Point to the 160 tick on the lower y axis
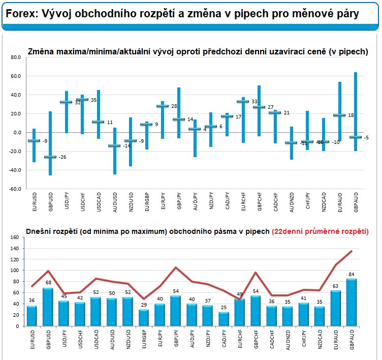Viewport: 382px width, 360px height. tap(14, 237)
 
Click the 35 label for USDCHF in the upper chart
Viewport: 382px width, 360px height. tap(93, 100)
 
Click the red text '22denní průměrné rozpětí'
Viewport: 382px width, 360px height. tap(320, 231)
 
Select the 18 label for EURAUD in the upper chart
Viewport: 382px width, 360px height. tap(351, 115)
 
